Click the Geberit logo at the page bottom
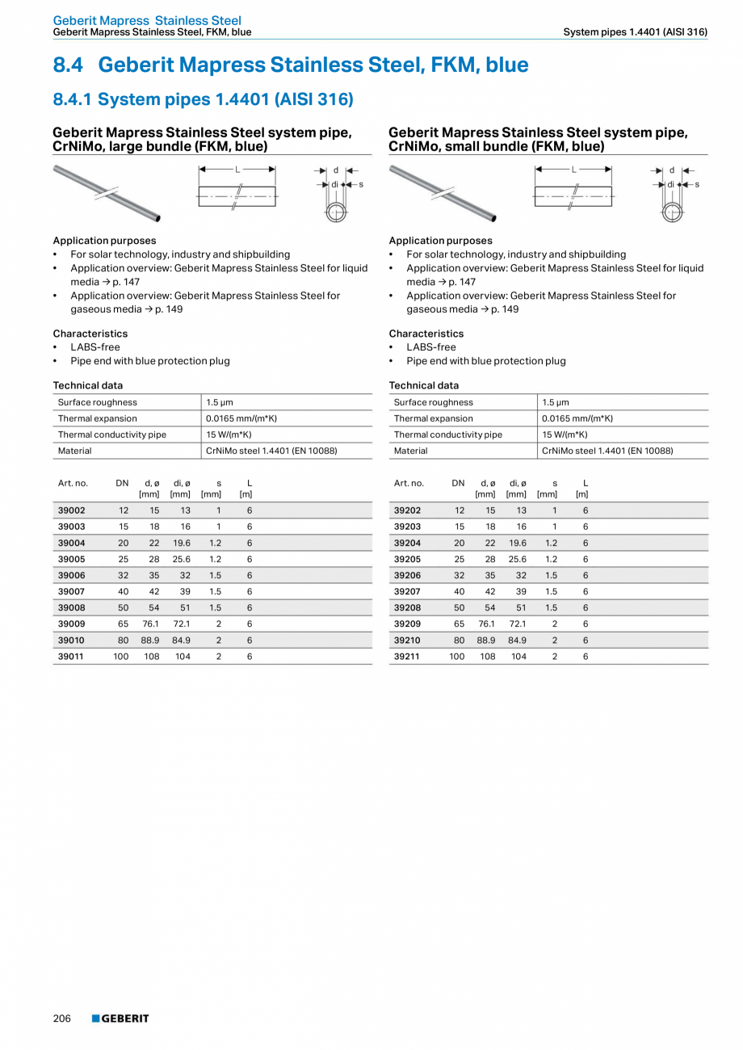click(x=120, y=1018)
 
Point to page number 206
click(x=62, y=1018)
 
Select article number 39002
click(x=72, y=510)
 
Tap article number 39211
click(x=408, y=657)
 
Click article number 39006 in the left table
click(x=72, y=575)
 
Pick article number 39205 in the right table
click(x=408, y=559)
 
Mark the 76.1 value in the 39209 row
click(x=486, y=624)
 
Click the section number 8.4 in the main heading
click(x=69, y=65)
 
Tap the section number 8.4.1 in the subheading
click(x=73, y=99)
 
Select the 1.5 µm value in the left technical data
click(x=220, y=402)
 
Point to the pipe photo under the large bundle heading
click(x=107, y=192)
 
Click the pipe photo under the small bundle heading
click(x=443, y=192)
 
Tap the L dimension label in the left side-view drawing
click(x=237, y=170)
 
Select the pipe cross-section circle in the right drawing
click(x=671, y=212)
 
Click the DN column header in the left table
click(x=122, y=483)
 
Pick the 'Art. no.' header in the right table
click(x=409, y=483)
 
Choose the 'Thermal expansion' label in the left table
click(x=98, y=418)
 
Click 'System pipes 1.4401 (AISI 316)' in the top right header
click(x=636, y=32)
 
